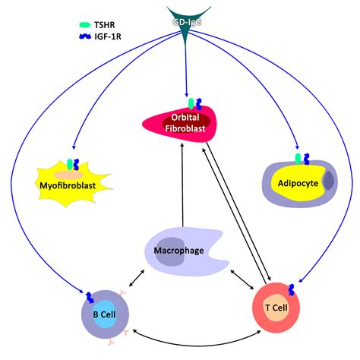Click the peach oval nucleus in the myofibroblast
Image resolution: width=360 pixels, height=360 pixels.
click(x=73, y=174)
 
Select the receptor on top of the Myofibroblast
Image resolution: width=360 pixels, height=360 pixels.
click(x=73, y=163)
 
